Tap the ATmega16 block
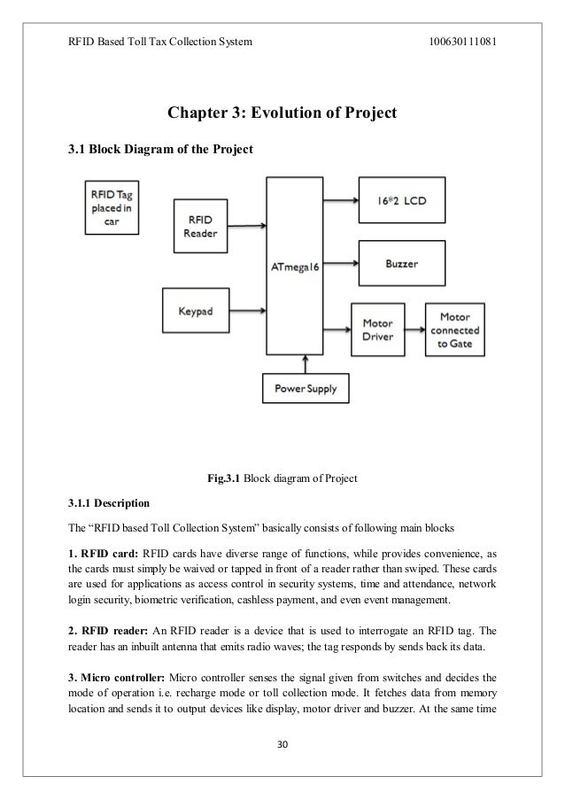point(297,265)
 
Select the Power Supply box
point(305,387)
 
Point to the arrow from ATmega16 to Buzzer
point(342,263)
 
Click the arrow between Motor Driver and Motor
point(415,329)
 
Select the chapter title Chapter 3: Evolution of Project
point(282,113)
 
